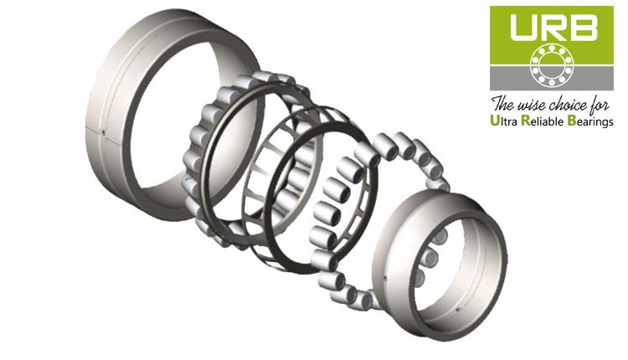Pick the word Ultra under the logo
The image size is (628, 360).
(x=510, y=122)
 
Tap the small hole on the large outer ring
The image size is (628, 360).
(x=98, y=131)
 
